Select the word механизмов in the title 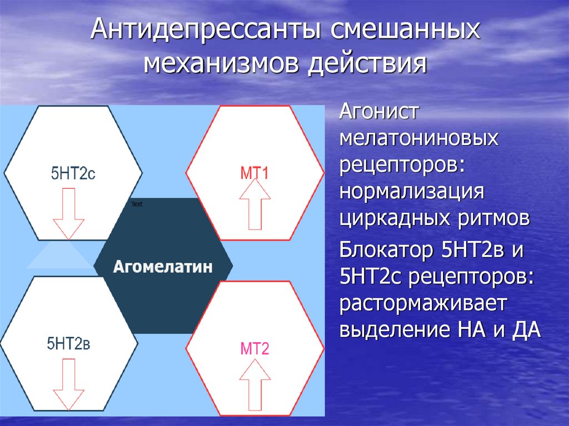pos(220,64)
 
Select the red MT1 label pos(254,173)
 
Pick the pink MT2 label pos(254,349)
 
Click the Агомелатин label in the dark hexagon pos(163,267)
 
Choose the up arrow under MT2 pos(254,384)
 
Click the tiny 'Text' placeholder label pos(137,204)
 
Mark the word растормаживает pos(422,304)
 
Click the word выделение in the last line pos(392,330)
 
